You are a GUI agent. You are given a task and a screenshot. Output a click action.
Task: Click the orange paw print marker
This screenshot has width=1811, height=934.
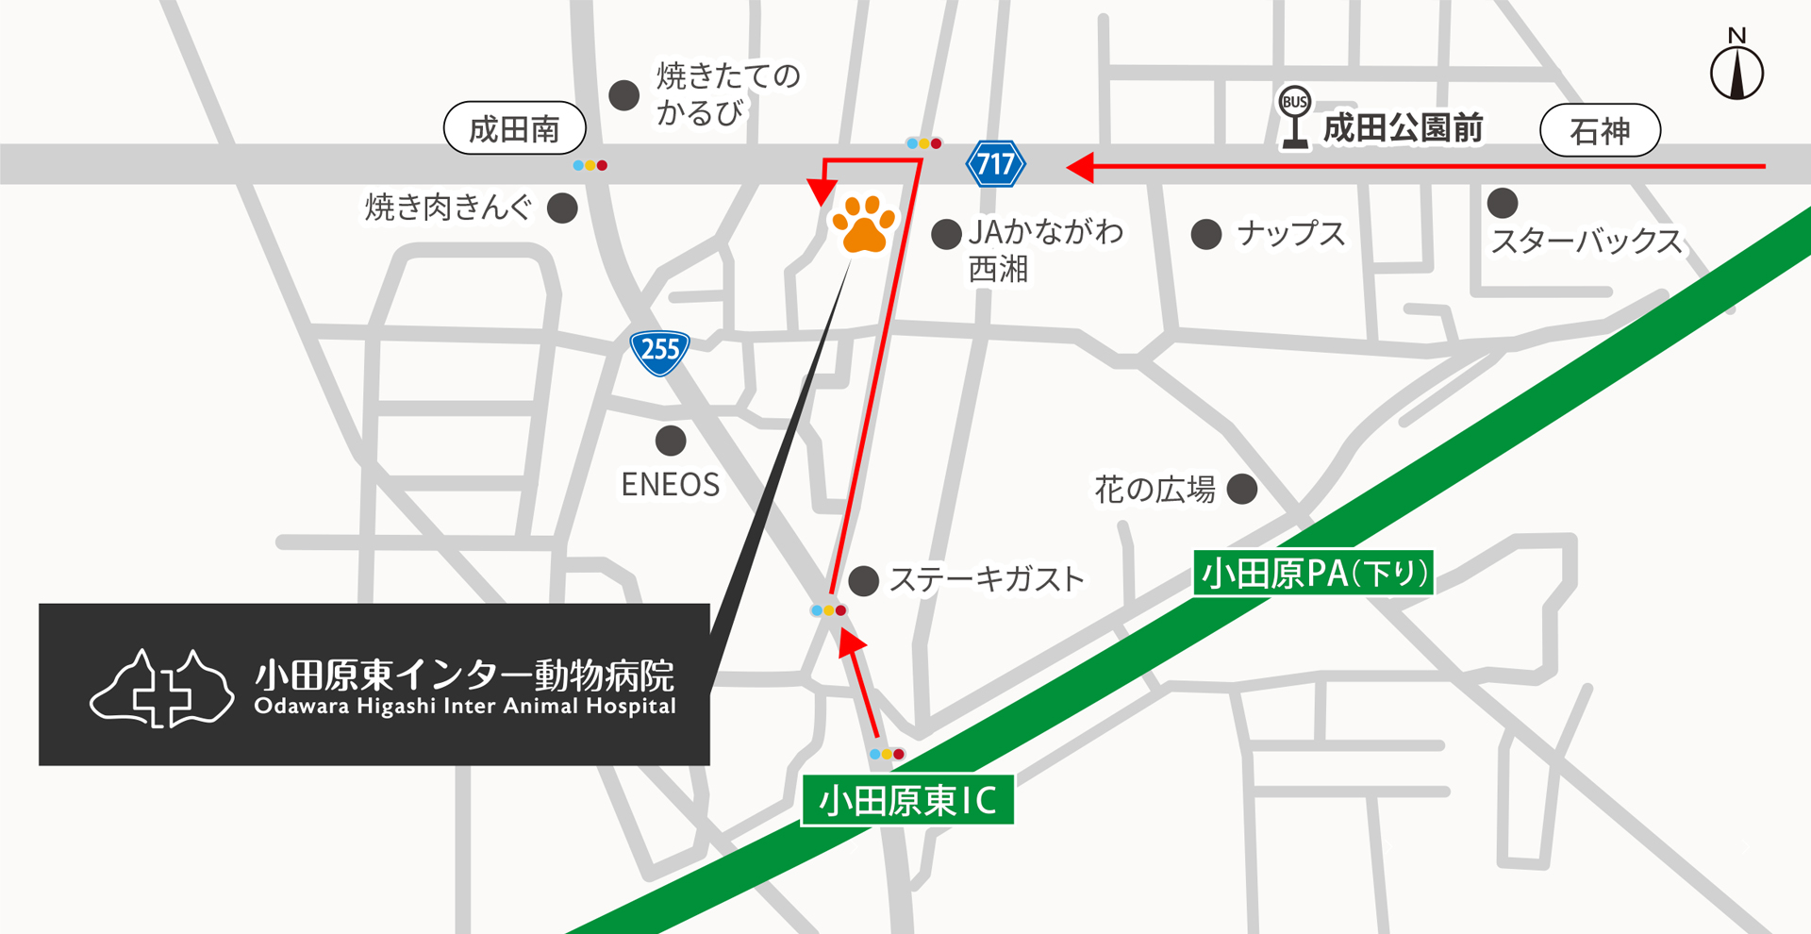[x=863, y=225]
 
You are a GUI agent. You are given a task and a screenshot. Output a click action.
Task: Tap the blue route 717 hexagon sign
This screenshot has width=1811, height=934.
[x=995, y=164]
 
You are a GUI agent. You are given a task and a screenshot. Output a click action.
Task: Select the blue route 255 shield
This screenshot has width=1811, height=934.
[x=659, y=352]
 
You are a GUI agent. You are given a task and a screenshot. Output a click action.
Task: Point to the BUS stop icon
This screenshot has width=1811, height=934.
[x=1295, y=116]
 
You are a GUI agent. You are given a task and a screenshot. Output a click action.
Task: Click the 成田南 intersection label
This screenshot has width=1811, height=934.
[x=515, y=128]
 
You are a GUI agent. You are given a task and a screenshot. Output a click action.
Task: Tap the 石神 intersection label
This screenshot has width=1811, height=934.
[x=1600, y=130]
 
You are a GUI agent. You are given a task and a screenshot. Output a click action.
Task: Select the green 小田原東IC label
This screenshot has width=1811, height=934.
[x=907, y=800]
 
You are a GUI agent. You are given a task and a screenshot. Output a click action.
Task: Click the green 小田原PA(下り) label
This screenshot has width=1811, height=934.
[x=1313, y=573]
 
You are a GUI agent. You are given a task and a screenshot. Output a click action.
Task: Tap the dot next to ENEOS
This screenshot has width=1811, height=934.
[x=671, y=440]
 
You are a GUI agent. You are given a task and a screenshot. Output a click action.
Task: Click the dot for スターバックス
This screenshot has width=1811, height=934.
[x=1502, y=202]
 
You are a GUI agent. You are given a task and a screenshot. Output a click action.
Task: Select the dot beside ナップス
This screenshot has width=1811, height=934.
[x=1206, y=234]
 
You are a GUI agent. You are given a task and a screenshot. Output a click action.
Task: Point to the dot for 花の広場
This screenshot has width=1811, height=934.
[x=1241, y=489]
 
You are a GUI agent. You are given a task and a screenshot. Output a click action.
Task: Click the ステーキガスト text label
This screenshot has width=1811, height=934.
[x=987, y=579]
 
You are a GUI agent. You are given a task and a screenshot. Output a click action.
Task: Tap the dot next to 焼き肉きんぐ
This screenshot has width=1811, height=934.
[x=562, y=208]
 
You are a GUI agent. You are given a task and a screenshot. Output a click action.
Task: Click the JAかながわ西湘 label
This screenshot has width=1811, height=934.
[x=1045, y=249]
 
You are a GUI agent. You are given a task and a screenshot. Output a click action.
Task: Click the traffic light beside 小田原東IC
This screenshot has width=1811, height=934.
[x=887, y=754]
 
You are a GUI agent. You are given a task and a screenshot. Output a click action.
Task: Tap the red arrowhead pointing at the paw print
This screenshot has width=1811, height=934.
[x=822, y=191]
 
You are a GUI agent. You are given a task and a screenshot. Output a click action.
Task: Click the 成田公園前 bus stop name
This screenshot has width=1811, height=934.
[x=1403, y=128]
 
